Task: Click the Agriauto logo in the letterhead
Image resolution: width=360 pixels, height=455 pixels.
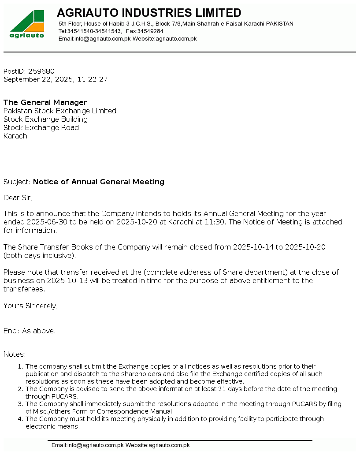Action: point(27,24)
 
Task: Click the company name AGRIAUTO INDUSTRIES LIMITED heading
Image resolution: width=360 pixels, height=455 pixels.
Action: point(149,13)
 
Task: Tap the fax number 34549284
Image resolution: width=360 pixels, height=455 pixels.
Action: point(150,31)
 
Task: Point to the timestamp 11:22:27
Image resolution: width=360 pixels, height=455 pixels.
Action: point(93,79)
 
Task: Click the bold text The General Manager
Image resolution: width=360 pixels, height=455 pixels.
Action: point(45,103)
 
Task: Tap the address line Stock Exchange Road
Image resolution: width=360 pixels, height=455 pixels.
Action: point(41,128)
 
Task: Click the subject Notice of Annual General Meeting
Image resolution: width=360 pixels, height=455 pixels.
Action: point(99,182)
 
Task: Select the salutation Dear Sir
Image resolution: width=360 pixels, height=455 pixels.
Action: point(18,198)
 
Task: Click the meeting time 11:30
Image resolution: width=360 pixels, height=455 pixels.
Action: point(215,222)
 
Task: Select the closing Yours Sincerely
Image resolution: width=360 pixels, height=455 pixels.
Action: point(30,306)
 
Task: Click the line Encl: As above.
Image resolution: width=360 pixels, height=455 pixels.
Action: point(30,331)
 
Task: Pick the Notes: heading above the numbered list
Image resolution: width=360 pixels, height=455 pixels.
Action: point(15,354)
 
